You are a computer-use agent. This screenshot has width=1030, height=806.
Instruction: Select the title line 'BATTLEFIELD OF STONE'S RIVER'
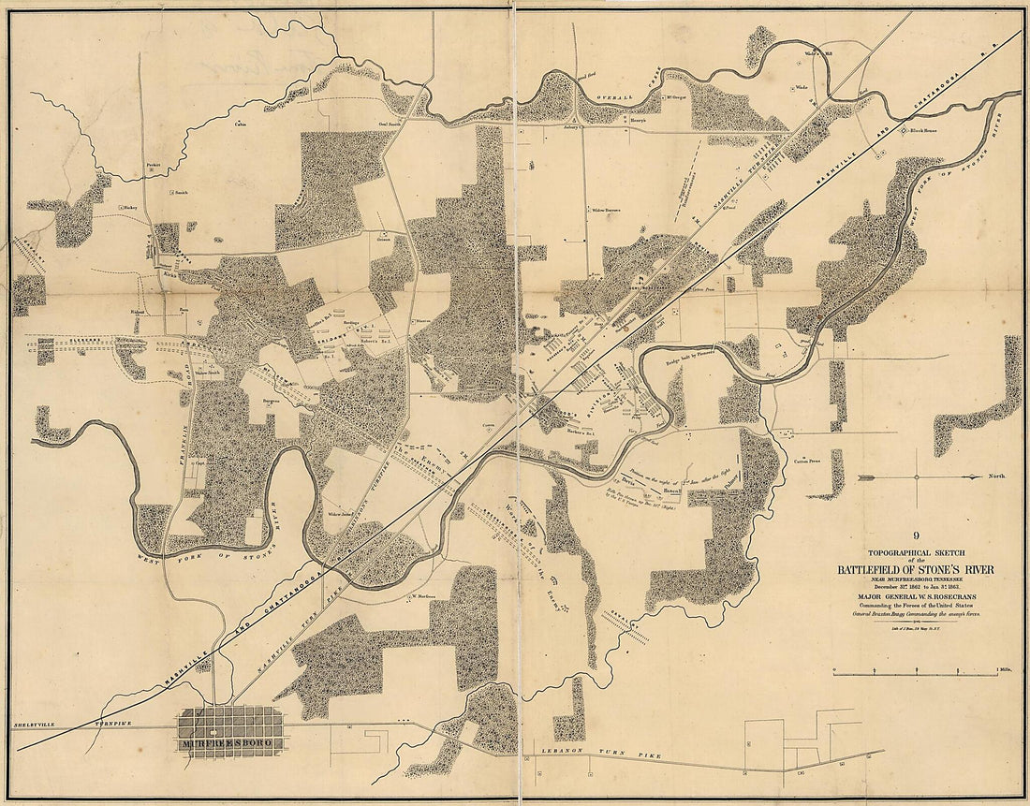[x=916, y=570]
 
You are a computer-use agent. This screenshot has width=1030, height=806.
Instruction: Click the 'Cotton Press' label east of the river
[x=807, y=461]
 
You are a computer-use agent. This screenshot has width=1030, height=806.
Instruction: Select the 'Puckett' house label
[x=154, y=164]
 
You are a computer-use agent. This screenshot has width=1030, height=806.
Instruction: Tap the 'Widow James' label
[x=339, y=514]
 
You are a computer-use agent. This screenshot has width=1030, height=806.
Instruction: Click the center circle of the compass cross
[x=916, y=476]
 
